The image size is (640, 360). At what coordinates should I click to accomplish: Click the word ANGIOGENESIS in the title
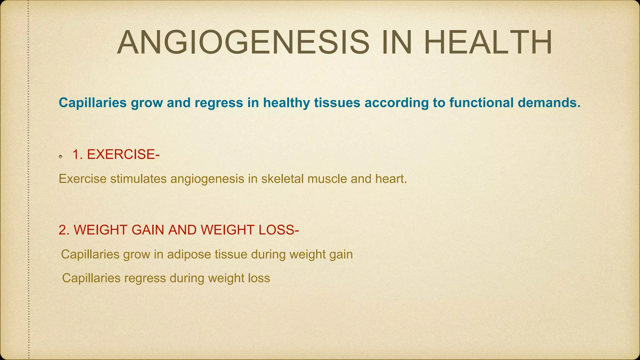243,42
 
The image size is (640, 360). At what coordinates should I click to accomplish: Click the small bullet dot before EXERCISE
61,156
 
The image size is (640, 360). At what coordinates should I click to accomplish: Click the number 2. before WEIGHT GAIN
64,230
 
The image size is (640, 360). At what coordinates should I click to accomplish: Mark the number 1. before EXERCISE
77,154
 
